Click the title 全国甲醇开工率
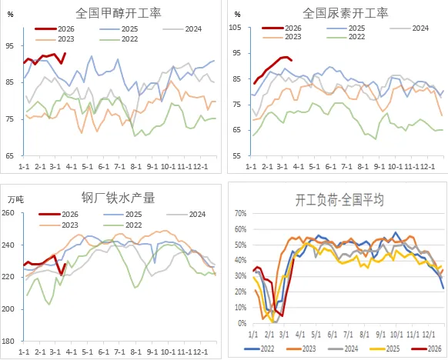(118, 13)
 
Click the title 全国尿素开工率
(345, 13)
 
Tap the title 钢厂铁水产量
(118, 198)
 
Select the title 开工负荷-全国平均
(339, 200)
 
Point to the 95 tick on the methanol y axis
(10, 45)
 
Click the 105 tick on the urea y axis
(236, 28)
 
